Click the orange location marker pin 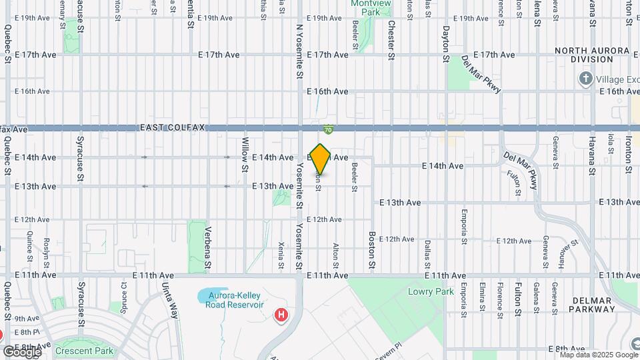point(321,159)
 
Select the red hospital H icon point(282,314)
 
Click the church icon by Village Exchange point(586,79)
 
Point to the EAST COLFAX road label point(173,127)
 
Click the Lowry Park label point(431,291)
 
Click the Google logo point(21,351)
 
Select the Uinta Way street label point(169,301)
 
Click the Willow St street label point(245,164)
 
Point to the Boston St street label point(372,246)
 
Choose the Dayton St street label point(446,43)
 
